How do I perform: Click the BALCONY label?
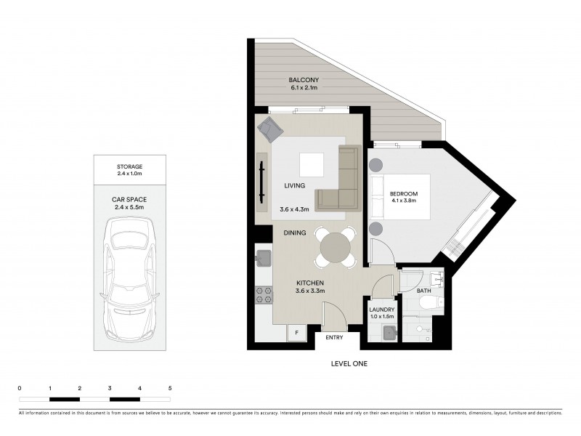tap(304, 80)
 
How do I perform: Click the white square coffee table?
tap(314, 164)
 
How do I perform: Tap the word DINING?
tap(296, 233)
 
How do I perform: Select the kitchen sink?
tap(264, 257)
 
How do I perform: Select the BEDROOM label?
tap(404, 194)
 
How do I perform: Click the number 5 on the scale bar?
tap(170, 389)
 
